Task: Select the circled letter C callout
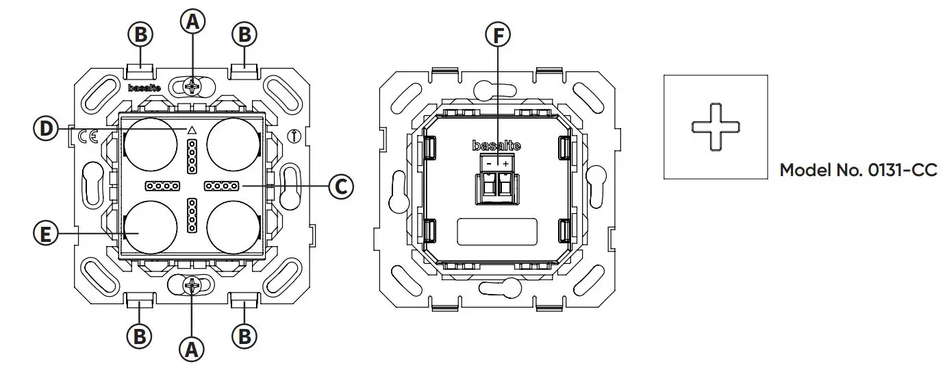click(340, 186)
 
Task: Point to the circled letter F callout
click(498, 34)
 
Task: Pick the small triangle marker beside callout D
click(192, 130)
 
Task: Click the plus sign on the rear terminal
click(506, 164)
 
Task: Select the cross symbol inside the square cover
click(716, 127)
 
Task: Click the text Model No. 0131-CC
click(858, 170)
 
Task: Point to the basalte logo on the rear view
click(497, 145)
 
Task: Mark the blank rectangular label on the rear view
click(497, 230)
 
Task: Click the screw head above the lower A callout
click(192, 284)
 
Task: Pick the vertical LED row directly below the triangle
click(192, 156)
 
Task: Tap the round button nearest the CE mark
click(150, 145)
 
